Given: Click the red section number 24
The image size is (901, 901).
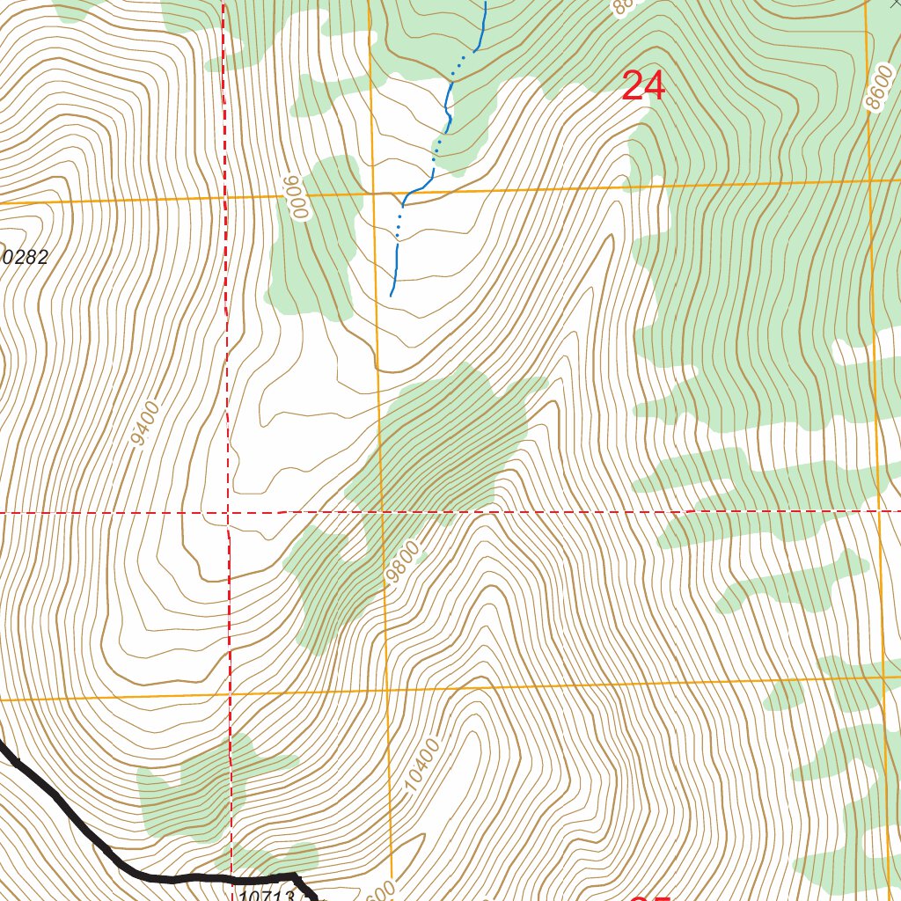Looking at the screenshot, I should [x=643, y=86].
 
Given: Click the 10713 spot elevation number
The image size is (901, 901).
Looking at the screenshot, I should [x=266, y=893].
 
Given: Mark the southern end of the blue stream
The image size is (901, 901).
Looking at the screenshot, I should [x=392, y=295].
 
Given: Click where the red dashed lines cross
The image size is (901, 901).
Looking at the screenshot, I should [x=228, y=511].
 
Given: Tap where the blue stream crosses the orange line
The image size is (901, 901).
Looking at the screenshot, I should [x=418, y=191].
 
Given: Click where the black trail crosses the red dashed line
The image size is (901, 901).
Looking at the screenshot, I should [x=231, y=877].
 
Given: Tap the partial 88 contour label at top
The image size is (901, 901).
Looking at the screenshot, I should [x=622, y=7].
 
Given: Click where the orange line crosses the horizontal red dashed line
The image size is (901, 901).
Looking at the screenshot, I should [x=382, y=511].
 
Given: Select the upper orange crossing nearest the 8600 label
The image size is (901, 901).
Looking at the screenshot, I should [x=870, y=180].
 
